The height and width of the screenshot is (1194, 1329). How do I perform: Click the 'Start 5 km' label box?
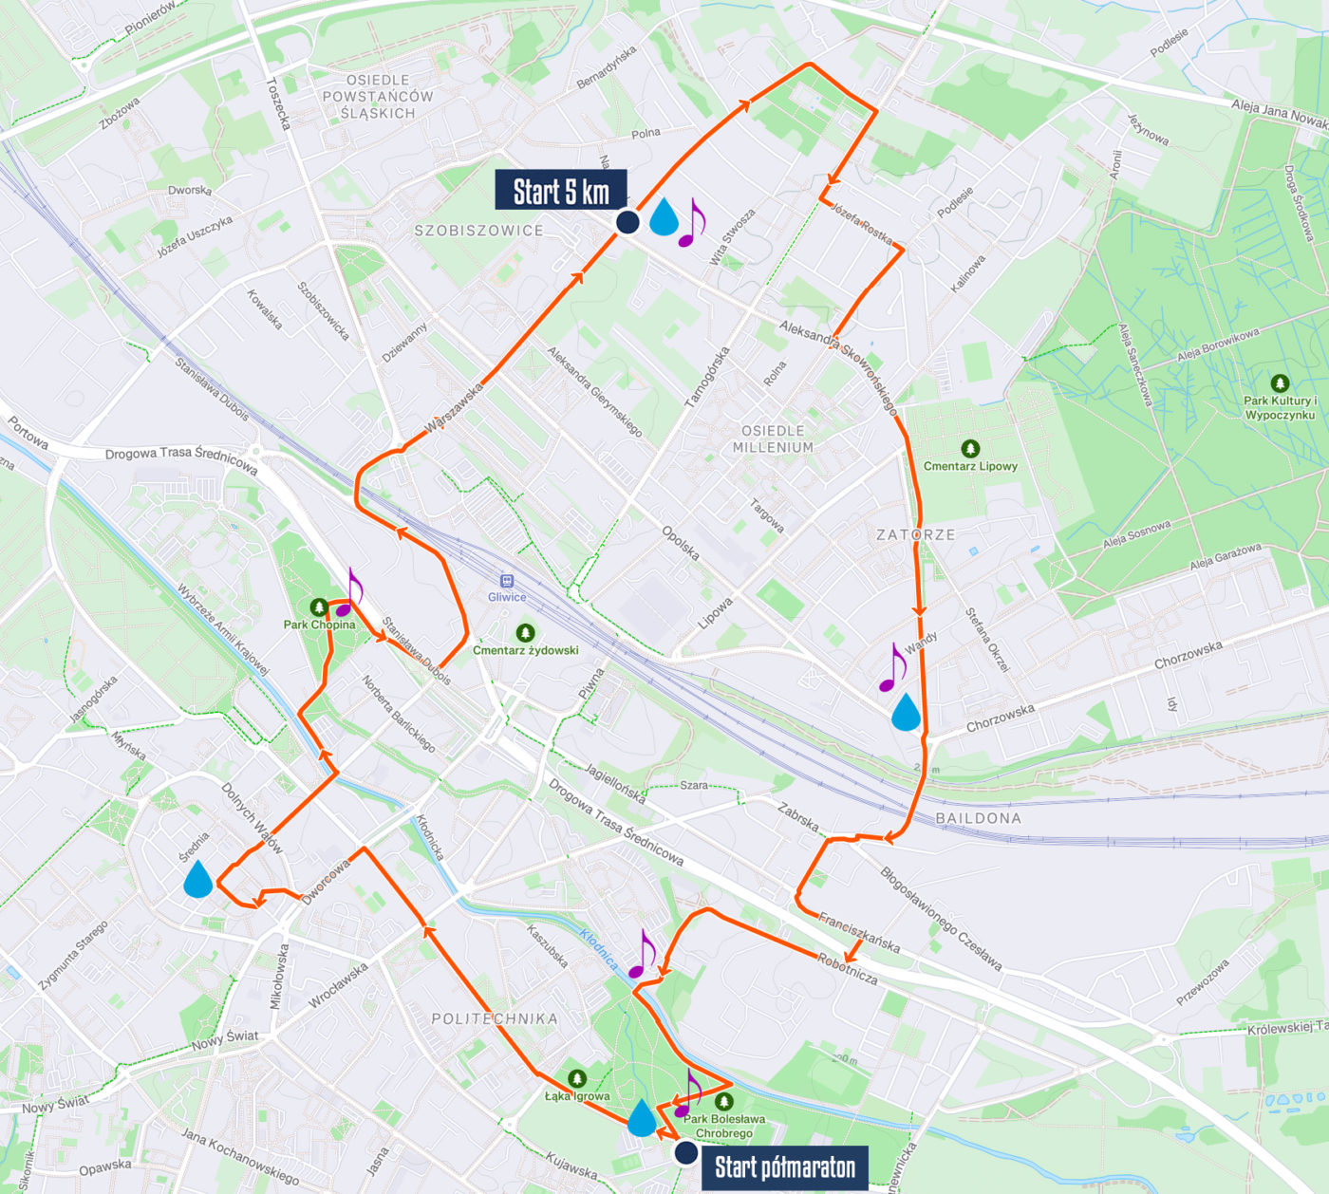[x=560, y=190]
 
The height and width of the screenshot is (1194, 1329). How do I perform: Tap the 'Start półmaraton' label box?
[x=784, y=1167]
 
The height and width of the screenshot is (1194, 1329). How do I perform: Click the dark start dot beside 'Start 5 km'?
[x=627, y=222]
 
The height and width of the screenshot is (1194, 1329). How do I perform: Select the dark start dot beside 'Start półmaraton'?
[x=686, y=1152]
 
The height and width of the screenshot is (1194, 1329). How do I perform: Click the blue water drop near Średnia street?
[x=198, y=879]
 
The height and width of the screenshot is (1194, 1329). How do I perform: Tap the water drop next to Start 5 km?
[x=664, y=216]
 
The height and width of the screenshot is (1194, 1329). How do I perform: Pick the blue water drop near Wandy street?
[x=906, y=712]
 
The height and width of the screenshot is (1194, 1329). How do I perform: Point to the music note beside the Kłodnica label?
[x=642, y=955]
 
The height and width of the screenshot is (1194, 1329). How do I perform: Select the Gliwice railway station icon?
[x=507, y=581]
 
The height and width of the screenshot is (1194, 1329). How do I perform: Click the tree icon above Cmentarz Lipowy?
[x=970, y=448]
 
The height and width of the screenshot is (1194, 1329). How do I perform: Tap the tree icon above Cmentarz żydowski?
[x=525, y=632]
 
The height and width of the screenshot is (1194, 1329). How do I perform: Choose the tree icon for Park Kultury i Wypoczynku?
[x=1280, y=383]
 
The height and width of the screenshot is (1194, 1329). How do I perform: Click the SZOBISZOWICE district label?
[x=478, y=231]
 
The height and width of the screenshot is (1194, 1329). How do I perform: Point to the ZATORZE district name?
[x=915, y=534]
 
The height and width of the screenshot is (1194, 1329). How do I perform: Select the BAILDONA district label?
[x=978, y=818]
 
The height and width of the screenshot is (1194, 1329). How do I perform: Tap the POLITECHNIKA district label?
[x=495, y=1018]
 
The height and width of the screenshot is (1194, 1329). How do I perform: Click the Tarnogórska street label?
[x=708, y=377]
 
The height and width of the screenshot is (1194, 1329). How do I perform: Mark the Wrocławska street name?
[x=338, y=986]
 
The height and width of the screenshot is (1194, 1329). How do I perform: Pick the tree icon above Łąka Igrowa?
[x=577, y=1078]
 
